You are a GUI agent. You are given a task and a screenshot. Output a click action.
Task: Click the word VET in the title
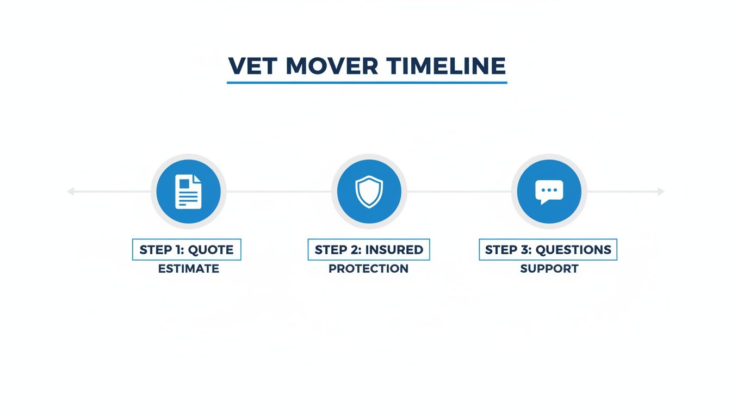point(253,66)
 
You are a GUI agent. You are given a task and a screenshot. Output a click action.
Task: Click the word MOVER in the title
point(332,66)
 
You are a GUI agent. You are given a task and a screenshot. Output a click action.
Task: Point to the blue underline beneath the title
point(367,83)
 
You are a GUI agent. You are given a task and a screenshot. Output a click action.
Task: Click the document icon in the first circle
point(188,192)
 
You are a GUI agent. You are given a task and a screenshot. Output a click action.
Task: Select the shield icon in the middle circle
point(369,192)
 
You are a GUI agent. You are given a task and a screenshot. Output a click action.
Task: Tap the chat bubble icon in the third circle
point(549,192)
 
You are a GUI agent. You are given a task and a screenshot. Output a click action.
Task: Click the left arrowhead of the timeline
point(70,192)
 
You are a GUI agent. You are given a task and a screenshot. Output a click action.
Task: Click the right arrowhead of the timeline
point(661,192)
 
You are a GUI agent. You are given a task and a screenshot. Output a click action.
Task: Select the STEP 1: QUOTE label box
point(187,250)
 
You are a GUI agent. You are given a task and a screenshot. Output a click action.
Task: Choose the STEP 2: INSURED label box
point(369,250)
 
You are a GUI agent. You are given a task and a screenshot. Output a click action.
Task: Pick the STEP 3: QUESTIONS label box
point(548,250)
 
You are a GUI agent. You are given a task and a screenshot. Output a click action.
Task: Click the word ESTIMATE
point(189,269)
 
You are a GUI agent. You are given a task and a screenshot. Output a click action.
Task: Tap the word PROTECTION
point(369,269)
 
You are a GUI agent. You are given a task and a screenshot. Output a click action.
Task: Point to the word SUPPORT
point(549,269)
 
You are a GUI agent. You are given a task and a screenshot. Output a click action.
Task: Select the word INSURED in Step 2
point(394,250)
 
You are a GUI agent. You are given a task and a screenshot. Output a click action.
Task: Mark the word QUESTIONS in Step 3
point(573,250)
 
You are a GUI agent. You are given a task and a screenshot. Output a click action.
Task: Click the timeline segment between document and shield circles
point(278,192)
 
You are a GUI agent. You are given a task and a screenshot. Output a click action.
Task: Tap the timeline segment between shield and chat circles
point(459,192)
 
